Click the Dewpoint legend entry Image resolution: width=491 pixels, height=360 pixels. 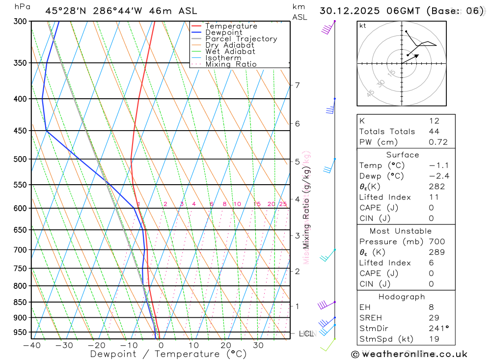[223, 32]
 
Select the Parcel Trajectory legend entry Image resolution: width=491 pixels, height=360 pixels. [241, 39]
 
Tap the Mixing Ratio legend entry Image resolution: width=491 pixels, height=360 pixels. [231, 64]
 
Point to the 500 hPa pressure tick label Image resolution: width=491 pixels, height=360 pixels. [20, 159]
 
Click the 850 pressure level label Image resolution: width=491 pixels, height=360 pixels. [20, 302]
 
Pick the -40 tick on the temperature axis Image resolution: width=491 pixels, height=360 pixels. [32, 345]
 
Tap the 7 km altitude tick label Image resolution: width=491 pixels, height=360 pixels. [297, 85]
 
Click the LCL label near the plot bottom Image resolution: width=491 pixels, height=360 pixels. [306, 334]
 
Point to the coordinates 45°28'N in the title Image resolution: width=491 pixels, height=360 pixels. [67, 10]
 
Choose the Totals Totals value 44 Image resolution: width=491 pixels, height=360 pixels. [434, 132]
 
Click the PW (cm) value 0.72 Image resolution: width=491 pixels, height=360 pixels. [438, 142]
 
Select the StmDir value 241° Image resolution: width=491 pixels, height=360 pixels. [438, 329]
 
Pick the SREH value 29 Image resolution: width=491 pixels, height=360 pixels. [434, 318]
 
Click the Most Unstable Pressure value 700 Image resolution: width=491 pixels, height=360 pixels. [436, 242]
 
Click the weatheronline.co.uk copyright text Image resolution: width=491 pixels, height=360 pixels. [409, 354]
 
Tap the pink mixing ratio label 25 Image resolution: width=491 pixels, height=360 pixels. [283, 204]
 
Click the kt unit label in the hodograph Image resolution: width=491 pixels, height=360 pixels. [363, 26]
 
